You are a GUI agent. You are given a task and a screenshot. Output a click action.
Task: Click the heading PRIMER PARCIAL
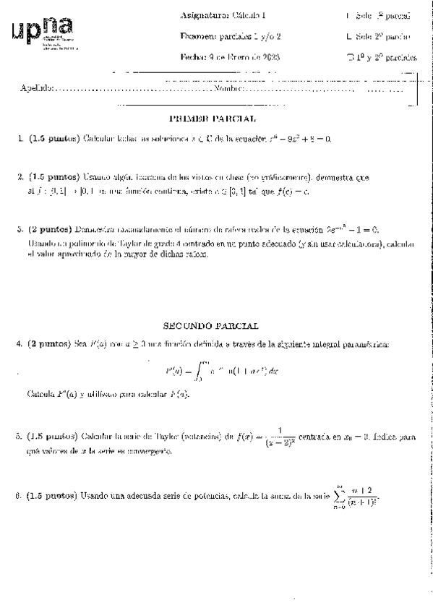212,118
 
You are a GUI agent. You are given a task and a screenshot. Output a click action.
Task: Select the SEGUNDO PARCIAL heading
212,327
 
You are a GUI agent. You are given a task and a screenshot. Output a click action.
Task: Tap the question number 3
20,230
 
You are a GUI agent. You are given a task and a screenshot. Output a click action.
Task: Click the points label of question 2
53,176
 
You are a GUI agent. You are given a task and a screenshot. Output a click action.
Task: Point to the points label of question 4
53,345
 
